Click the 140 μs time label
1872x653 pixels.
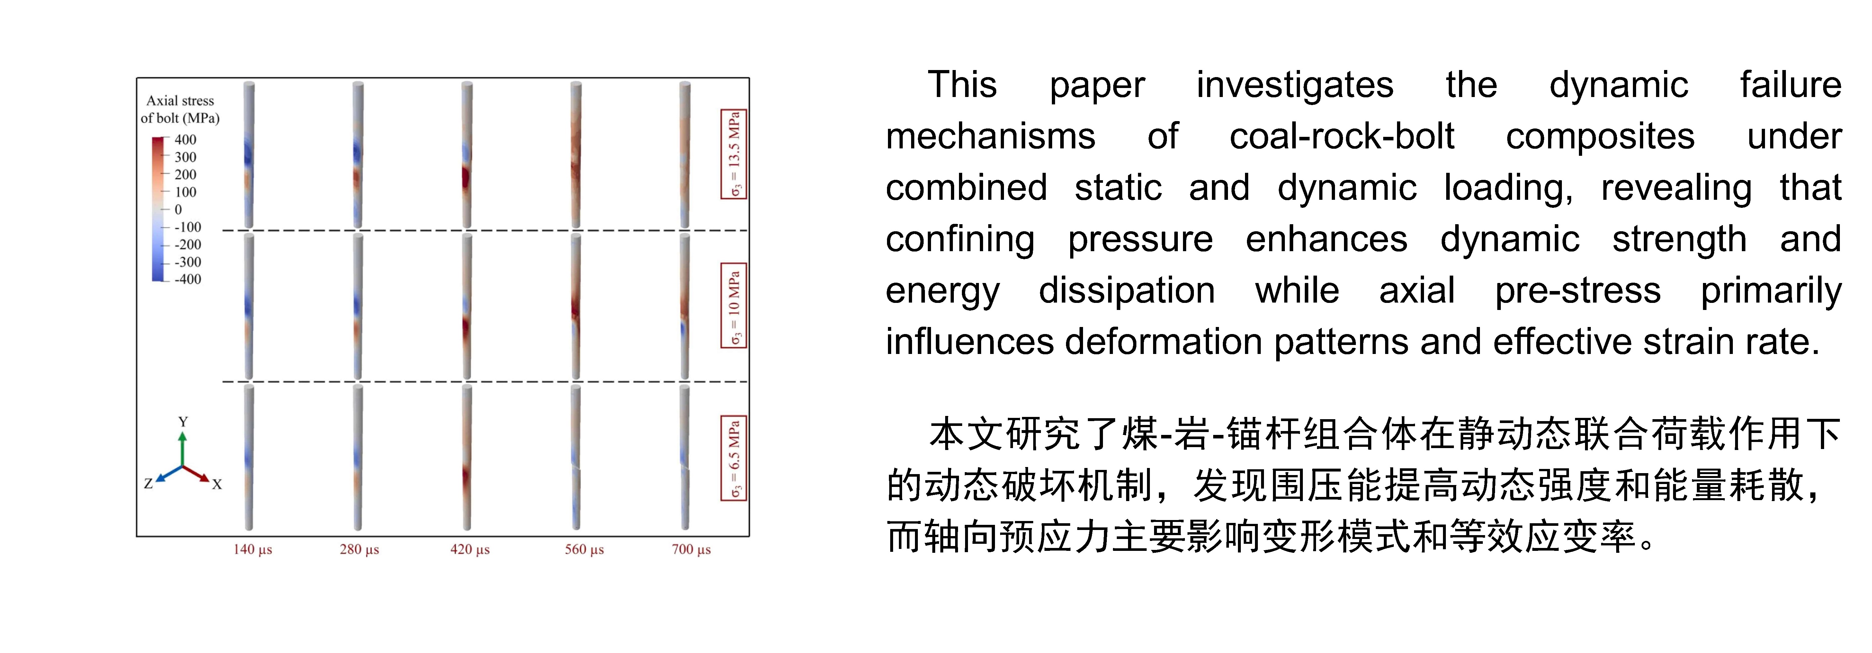click(252, 550)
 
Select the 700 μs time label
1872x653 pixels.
click(691, 550)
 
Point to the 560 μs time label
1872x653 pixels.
click(584, 550)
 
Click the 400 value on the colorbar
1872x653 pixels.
click(185, 139)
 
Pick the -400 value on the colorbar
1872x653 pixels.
click(187, 279)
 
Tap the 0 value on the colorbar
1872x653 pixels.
click(178, 209)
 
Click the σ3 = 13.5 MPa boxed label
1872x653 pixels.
click(734, 154)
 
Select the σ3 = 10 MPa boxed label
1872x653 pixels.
click(734, 306)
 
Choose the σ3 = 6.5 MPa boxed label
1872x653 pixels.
click(734, 458)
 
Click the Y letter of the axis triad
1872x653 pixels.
click(183, 421)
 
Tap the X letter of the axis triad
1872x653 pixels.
click(217, 484)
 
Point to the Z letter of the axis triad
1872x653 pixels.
click(148, 483)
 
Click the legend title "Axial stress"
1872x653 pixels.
click(180, 101)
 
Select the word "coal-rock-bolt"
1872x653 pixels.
click(1341, 137)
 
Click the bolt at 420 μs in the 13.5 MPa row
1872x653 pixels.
click(467, 155)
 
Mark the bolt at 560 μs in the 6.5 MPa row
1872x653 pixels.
click(576, 458)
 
